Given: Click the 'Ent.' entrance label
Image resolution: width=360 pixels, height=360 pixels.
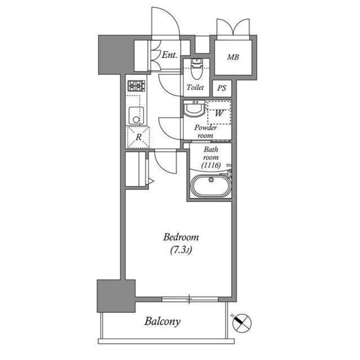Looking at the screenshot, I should (x=169, y=55).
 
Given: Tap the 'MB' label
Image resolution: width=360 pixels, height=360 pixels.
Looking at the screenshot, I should (x=233, y=57).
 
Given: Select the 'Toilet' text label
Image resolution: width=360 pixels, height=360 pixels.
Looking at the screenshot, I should (x=195, y=88).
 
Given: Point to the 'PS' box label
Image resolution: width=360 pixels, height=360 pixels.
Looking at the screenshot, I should (x=222, y=88).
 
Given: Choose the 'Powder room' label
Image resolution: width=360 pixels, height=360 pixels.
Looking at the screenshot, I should (x=205, y=132).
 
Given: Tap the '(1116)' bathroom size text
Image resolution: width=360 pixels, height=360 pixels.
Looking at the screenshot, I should (x=210, y=165).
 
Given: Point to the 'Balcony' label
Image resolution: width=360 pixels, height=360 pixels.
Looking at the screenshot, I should (x=162, y=322).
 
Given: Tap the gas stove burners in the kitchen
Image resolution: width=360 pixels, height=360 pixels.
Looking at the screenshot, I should (x=136, y=85).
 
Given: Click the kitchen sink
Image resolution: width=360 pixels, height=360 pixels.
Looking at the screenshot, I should (x=135, y=116).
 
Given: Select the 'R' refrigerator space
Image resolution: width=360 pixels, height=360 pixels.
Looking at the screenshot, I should (x=138, y=136).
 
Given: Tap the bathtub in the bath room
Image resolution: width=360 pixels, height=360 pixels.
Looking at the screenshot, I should (x=210, y=186).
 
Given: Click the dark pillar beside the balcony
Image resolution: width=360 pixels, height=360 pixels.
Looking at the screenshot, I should (x=116, y=296).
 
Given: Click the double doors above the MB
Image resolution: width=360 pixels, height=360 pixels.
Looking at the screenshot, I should (x=232, y=28).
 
